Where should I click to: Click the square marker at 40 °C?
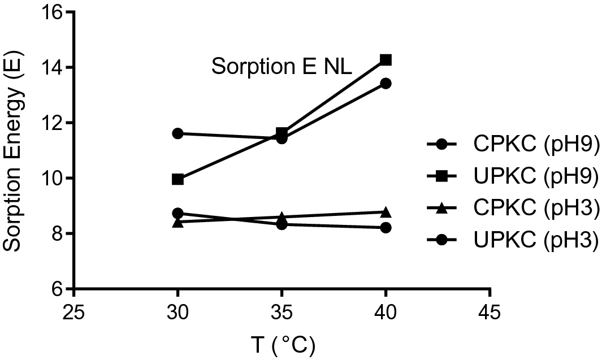tap(386, 59)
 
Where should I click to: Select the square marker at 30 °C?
tap(177, 179)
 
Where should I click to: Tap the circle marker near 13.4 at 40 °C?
tap(386, 84)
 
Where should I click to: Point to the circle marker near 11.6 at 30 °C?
tap(177, 133)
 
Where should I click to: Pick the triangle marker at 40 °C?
tap(386, 212)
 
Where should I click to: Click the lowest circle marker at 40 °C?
tap(386, 227)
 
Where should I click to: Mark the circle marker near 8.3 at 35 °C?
tap(281, 224)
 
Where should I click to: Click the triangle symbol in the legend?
tap(442, 209)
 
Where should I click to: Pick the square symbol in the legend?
tap(442, 177)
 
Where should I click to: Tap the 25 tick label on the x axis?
tap(73, 313)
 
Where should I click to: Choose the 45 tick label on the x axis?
tap(490, 313)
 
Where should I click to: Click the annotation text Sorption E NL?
tap(282, 67)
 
